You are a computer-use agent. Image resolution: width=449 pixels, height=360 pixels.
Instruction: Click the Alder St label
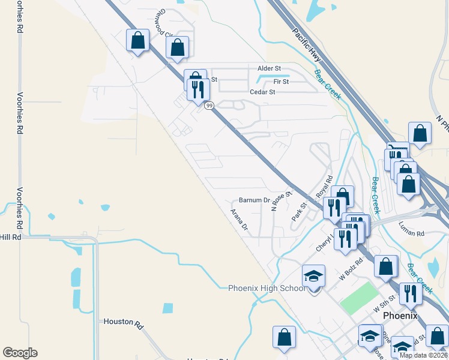pos(269,69)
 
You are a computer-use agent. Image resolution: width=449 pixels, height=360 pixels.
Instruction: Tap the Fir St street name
pos(281,81)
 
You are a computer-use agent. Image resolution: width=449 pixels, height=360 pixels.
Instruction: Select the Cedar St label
pos(262,92)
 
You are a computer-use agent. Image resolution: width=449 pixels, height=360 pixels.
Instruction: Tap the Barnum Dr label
pos(255,200)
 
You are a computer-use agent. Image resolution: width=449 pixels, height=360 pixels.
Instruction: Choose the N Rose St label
pos(281,201)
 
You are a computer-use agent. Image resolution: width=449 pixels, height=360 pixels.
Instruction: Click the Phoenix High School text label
pos(267,288)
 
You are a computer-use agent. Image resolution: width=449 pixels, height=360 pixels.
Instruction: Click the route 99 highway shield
pos(209,106)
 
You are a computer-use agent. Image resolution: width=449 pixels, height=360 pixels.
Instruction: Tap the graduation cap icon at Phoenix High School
pos(313,276)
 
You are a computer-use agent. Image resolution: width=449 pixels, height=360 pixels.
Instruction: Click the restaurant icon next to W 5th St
pos(411,293)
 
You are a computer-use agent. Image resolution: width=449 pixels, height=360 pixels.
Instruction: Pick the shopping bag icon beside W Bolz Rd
pos(386,266)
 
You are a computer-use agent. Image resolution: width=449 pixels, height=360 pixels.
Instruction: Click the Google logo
pos(20,353)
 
